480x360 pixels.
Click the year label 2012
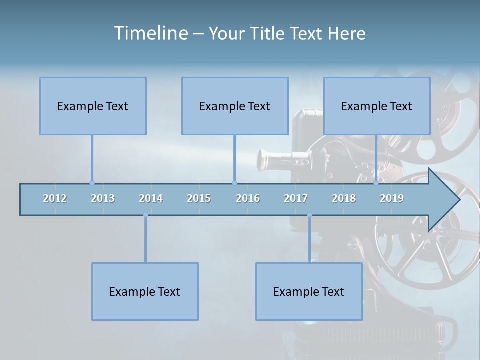click(55, 199)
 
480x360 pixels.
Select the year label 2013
click(103, 199)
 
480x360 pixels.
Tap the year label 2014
click(151, 199)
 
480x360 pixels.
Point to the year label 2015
click(199, 199)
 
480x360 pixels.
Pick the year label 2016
click(248, 199)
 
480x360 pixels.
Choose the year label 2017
click(296, 199)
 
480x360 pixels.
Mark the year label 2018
click(344, 199)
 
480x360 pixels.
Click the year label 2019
click(392, 199)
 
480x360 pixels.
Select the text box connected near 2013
click(93, 106)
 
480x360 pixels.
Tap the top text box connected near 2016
click(235, 106)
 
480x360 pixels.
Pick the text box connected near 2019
click(377, 106)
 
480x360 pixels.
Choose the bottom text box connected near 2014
click(145, 292)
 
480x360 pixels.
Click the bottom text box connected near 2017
click(309, 292)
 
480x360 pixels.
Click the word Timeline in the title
click(150, 33)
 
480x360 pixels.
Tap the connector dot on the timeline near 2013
click(92, 183)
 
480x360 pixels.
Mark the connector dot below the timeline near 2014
click(145, 215)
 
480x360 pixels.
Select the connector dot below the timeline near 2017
click(309, 215)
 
